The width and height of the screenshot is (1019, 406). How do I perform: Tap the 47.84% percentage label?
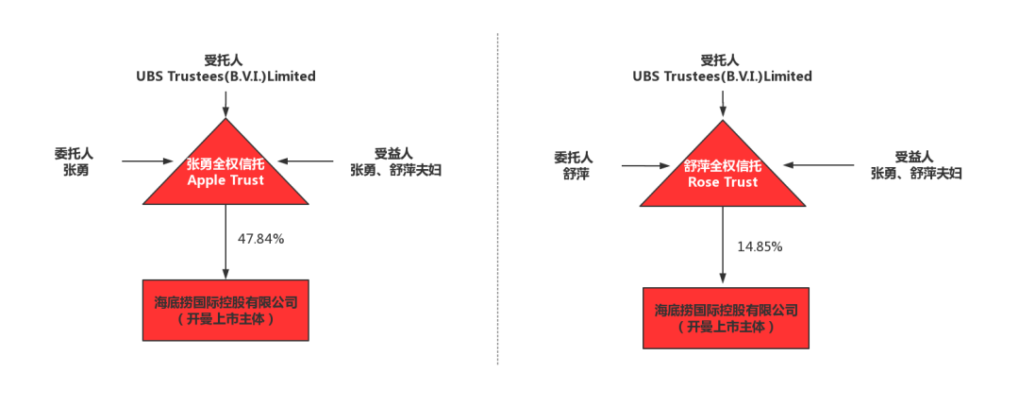pos(260,238)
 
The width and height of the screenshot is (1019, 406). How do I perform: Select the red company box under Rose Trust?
pos(726,317)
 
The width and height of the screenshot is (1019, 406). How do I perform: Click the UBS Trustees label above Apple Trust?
pos(226,76)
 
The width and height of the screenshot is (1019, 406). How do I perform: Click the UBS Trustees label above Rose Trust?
pos(723,76)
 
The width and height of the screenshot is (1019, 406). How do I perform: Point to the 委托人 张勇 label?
pos(75,161)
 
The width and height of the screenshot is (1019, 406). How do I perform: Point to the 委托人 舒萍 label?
pos(573,166)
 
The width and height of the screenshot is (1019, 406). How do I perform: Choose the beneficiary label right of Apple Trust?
pos(395,162)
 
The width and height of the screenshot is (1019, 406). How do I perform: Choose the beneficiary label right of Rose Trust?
pos(916,165)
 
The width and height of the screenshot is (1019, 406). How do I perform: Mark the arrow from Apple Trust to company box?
pos(226,242)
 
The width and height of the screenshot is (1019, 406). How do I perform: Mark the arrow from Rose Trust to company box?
pos(724,245)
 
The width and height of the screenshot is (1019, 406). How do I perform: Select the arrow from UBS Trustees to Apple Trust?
pos(226,101)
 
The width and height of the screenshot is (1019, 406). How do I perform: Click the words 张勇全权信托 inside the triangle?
pos(226,162)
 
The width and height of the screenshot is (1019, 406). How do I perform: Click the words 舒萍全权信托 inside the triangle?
pos(724,166)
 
